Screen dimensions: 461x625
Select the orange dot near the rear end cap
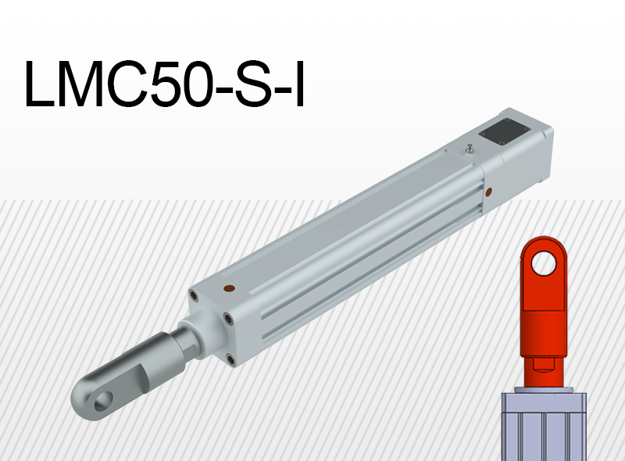click(488, 190)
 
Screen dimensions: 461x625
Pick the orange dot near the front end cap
click(227, 288)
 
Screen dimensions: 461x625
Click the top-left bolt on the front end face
click(193, 295)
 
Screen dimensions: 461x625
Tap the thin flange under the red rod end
click(545, 385)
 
